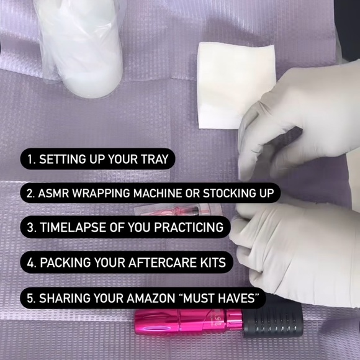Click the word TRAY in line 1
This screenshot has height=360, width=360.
click(x=155, y=159)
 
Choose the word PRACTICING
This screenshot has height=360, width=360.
click(x=189, y=227)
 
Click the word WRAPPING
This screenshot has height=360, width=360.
click(x=101, y=193)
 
